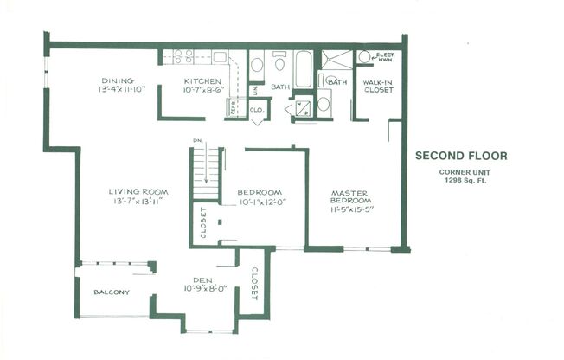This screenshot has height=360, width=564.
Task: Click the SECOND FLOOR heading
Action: click(461, 157)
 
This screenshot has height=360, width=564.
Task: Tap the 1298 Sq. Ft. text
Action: click(461, 181)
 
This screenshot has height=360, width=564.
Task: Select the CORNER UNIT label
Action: click(461, 172)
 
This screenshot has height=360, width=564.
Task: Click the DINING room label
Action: click(118, 80)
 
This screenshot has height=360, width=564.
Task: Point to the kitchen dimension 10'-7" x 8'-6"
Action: click(205, 89)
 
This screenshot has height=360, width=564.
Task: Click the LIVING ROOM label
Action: click(138, 191)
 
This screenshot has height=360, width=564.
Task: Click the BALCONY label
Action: click(112, 292)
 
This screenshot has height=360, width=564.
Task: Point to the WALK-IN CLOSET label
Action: click(378, 86)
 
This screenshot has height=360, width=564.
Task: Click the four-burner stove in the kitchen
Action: click(183, 57)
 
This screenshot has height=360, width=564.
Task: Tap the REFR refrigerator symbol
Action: click(232, 108)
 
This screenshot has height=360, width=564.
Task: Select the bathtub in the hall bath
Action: click(304, 69)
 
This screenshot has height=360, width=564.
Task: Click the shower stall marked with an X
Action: click(336, 59)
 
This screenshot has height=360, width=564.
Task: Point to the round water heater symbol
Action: click(364, 57)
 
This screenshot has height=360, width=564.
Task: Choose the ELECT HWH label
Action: click(385, 57)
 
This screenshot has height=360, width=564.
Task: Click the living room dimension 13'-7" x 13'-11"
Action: click(138, 201)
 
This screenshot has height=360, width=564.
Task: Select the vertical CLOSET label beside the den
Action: click(254, 282)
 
